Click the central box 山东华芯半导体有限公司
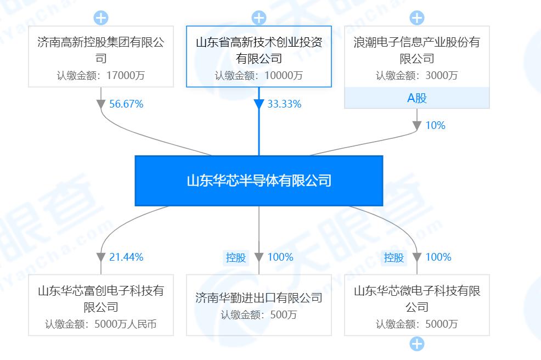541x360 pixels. pyautogui.click(x=259, y=181)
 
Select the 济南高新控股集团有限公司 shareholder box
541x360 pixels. pyautogui.click(x=101, y=57)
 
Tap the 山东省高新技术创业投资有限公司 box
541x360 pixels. pyautogui.click(x=259, y=57)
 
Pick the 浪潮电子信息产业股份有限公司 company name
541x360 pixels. pyautogui.click(x=417, y=50)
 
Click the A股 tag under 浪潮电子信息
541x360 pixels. pyautogui.click(x=417, y=98)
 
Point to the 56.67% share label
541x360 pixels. pyautogui.click(x=126, y=104)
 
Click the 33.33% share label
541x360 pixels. pyautogui.click(x=284, y=104)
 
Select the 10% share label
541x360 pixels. pyautogui.click(x=435, y=126)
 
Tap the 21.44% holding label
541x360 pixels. pyautogui.click(x=126, y=257)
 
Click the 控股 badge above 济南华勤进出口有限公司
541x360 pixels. pyautogui.click(x=236, y=257)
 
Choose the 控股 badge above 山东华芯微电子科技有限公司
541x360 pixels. pyautogui.click(x=394, y=257)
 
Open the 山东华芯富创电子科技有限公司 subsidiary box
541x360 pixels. pyautogui.click(x=101, y=305)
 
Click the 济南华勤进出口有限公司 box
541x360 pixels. pyautogui.click(x=259, y=305)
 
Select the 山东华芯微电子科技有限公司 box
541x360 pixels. pyautogui.click(x=417, y=305)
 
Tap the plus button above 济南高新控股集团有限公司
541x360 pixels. pyautogui.click(x=101, y=18)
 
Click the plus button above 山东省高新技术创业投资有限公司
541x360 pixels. pyautogui.click(x=259, y=18)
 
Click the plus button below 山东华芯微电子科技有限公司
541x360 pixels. pyautogui.click(x=417, y=344)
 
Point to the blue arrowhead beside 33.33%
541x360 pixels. pyautogui.click(x=259, y=104)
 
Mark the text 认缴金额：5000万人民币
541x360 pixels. pyautogui.click(x=101, y=324)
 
